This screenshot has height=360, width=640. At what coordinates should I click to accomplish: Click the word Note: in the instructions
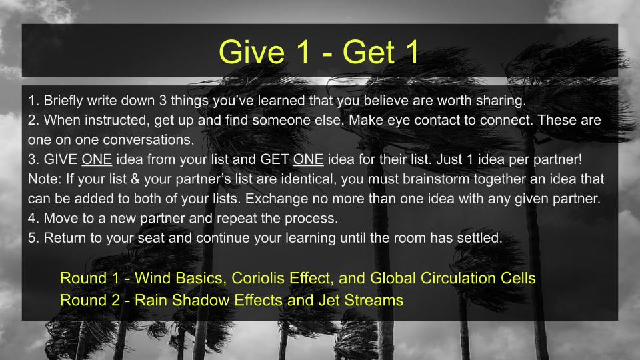[x=44, y=181]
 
